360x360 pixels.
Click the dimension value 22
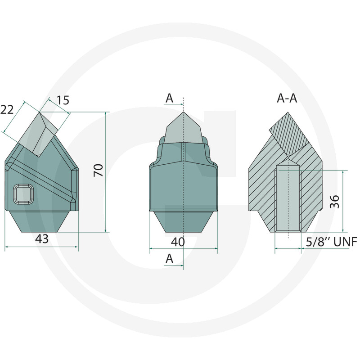(7, 109)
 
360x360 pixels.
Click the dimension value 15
(63, 100)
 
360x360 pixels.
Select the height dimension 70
(99, 170)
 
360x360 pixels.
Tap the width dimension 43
(42, 239)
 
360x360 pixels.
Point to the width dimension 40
(178, 242)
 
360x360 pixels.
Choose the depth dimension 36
(334, 202)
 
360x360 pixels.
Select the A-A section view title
(287, 98)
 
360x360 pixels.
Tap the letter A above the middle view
(170, 98)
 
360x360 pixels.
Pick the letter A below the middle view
(170, 259)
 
